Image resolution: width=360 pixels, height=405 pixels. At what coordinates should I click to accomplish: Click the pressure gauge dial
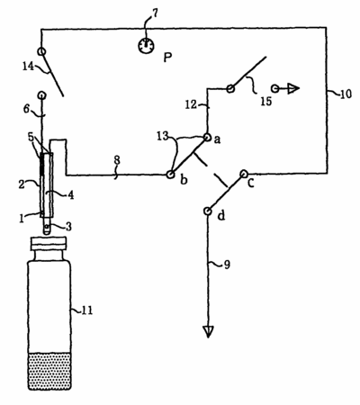coord(146,46)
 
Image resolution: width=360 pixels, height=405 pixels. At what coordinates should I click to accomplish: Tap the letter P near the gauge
coord(167,58)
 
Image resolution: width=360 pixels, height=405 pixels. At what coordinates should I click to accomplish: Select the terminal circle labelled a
coord(207,137)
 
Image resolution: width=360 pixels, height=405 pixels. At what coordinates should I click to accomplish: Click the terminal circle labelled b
coord(170,175)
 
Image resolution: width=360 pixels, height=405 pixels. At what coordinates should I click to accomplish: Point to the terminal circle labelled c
coord(244,174)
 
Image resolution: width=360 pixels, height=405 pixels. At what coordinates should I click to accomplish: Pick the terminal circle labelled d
coord(207,211)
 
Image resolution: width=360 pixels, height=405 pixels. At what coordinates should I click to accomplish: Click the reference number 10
coord(346,94)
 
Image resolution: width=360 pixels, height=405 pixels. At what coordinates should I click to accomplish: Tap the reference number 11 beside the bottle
coord(87,310)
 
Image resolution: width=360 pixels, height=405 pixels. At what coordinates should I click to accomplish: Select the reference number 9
coord(227,265)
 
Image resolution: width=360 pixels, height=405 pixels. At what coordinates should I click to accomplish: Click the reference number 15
coord(265,102)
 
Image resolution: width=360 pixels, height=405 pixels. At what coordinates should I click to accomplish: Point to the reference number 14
coord(29,66)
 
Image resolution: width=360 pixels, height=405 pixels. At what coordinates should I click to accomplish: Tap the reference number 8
coord(117,160)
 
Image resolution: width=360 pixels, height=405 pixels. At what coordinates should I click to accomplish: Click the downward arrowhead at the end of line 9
coord(208,332)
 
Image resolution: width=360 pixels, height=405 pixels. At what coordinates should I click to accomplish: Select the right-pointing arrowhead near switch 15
coord(293,89)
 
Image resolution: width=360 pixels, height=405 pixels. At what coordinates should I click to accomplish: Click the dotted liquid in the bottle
coord(49,371)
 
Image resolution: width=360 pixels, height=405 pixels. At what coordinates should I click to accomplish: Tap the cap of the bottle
coord(49,244)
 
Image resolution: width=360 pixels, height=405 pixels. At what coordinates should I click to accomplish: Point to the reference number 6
coord(26,109)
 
